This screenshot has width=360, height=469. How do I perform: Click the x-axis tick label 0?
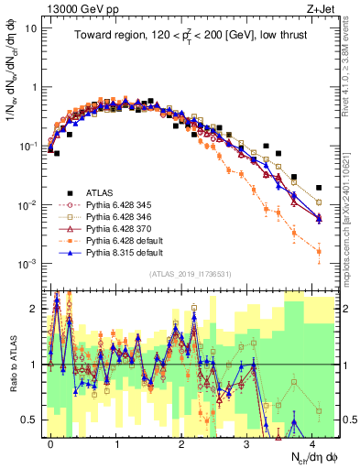[x=50, y=441]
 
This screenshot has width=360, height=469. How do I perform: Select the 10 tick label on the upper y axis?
[x=30, y=28]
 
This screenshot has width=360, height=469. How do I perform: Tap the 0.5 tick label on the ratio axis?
[x=28, y=420]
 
